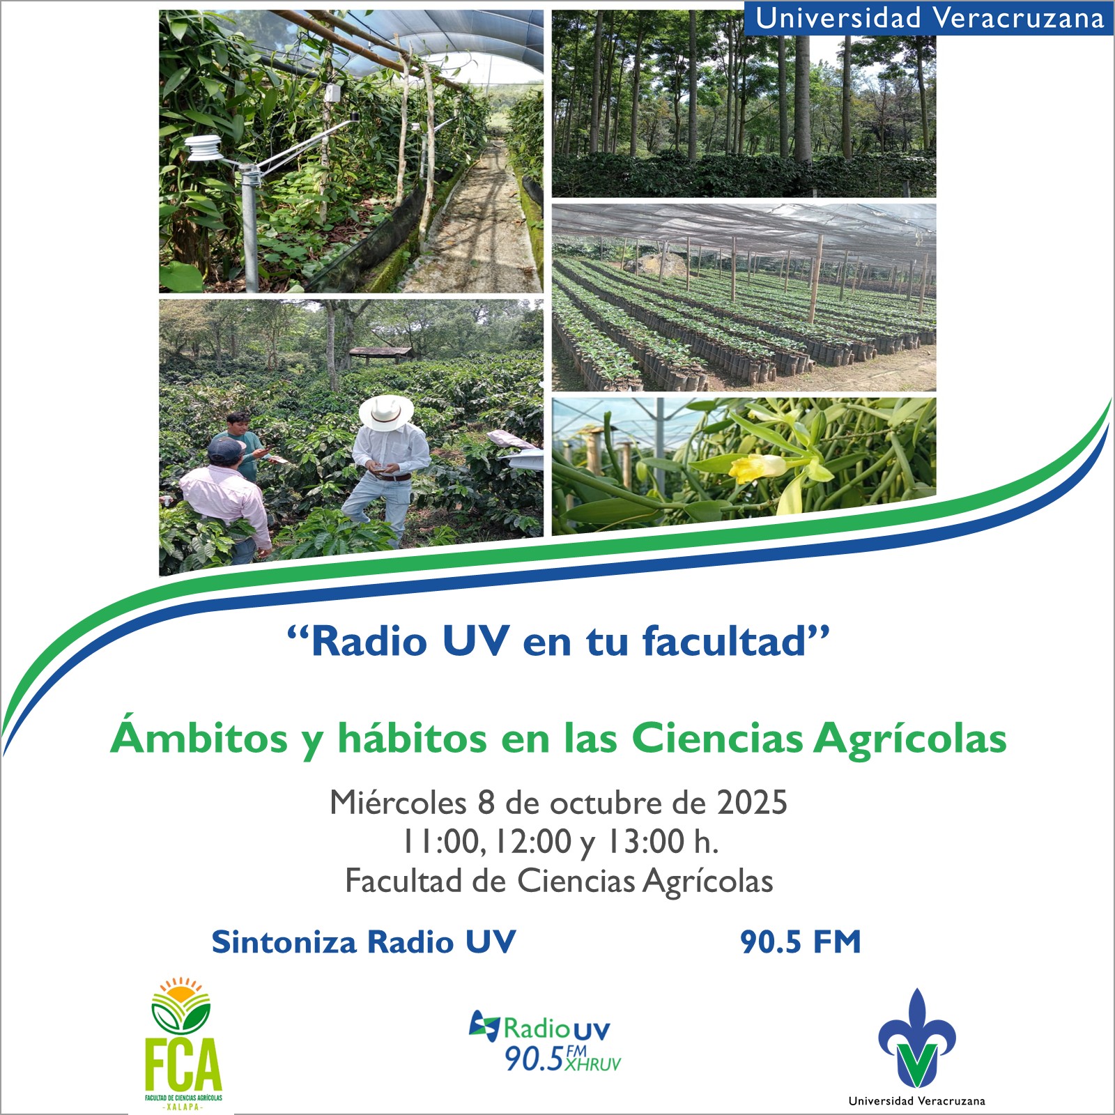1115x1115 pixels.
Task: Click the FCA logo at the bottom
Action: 183,1043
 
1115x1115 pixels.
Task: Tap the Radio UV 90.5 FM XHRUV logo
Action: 546,1040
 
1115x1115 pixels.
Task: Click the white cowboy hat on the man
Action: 386,413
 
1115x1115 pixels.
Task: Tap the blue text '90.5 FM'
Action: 801,941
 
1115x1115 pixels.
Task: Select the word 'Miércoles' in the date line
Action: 398,803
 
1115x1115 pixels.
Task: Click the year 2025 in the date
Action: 753,803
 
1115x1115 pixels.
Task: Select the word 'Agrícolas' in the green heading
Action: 910,739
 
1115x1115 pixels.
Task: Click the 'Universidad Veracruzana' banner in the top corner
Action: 930,18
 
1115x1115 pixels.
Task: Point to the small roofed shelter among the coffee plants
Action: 380,353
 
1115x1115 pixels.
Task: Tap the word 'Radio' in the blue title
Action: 369,641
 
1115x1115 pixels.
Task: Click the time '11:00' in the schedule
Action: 442,842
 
